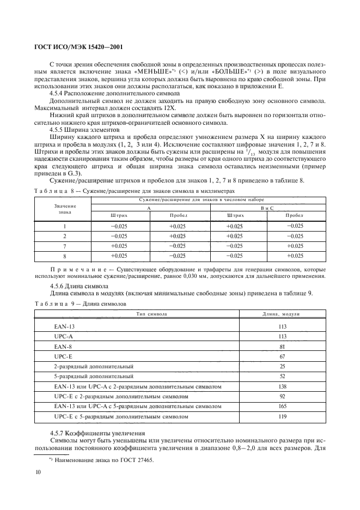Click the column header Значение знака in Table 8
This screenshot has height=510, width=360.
65,209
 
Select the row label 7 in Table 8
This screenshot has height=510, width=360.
65,246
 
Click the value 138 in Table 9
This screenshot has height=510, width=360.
282,386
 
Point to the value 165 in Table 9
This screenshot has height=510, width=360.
282,406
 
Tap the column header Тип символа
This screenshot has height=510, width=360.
147,314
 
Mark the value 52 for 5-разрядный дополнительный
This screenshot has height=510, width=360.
282,376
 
